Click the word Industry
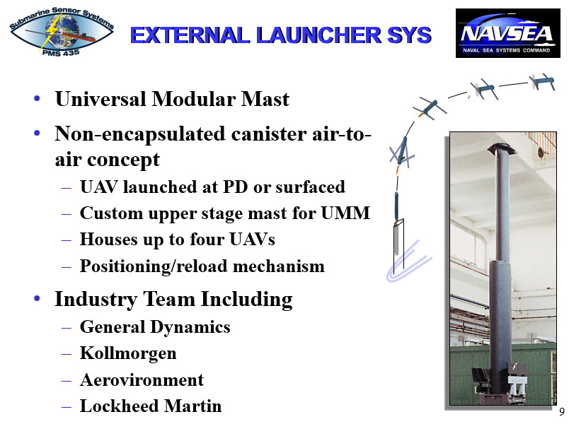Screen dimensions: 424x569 pyautogui.click(x=93, y=300)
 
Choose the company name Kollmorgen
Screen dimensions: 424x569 pyautogui.click(x=128, y=353)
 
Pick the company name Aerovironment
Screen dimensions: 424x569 pyautogui.click(x=142, y=380)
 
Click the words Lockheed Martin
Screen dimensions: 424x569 pyautogui.click(x=151, y=406)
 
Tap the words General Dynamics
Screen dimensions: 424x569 pyautogui.click(x=155, y=327)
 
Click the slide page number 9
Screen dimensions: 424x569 pyautogui.click(x=561, y=413)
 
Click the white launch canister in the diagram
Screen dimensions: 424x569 pyautogui.click(x=397, y=245)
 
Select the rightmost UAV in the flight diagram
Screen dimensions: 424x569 pyautogui.click(x=541, y=81)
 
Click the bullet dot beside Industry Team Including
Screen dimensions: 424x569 pyautogui.click(x=36, y=300)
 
